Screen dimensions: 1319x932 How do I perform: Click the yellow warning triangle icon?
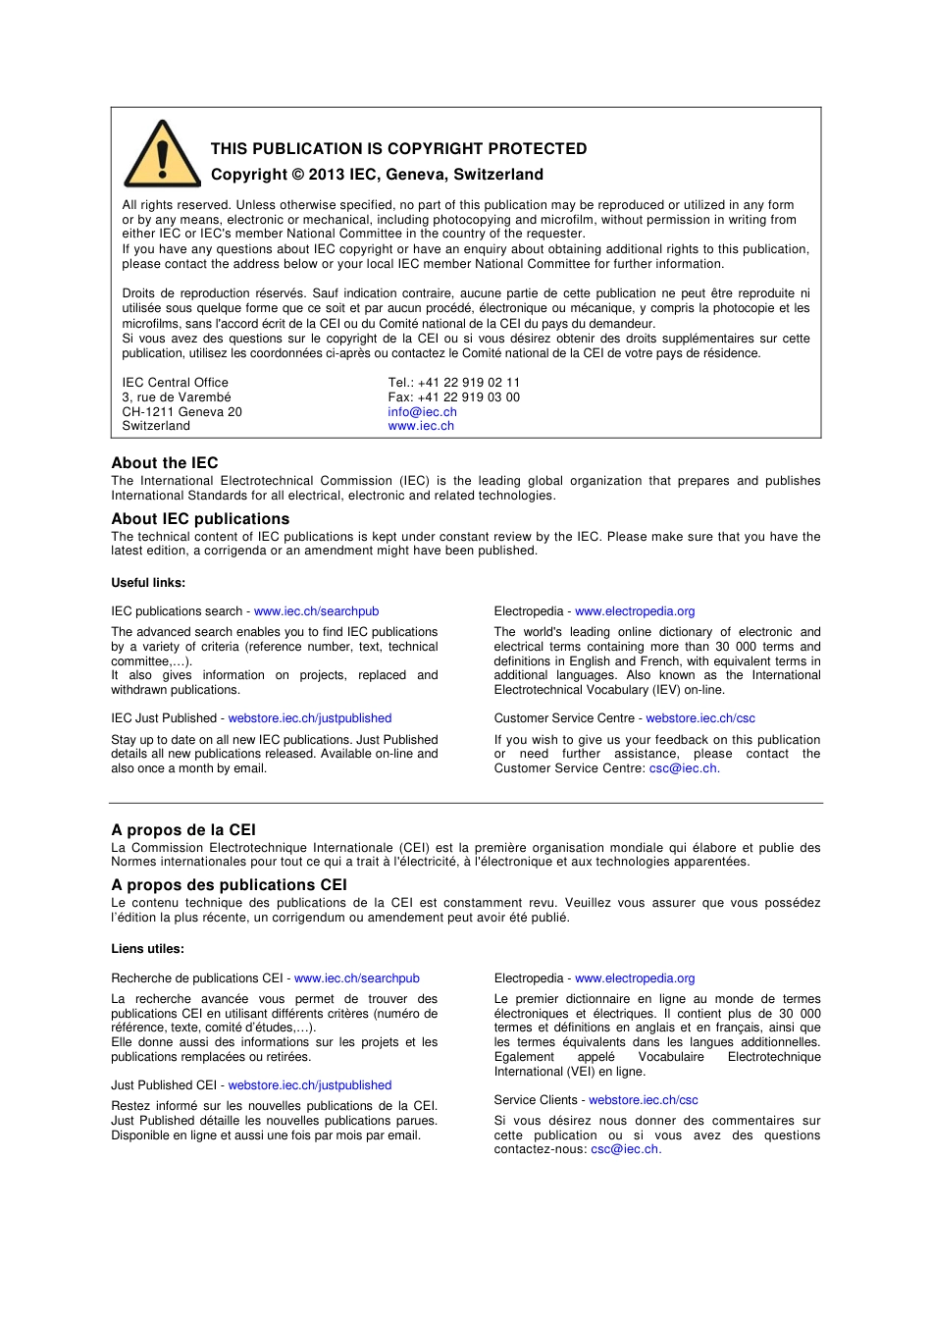(x=163, y=156)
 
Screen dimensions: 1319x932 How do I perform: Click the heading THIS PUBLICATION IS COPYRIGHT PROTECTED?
(x=398, y=149)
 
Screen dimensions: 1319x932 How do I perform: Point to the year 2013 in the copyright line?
(x=326, y=175)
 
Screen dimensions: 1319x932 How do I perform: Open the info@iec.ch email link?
(x=422, y=412)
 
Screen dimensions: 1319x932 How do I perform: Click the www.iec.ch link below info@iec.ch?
(x=421, y=426)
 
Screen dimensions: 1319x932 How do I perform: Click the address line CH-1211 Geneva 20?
(x=181, y=412)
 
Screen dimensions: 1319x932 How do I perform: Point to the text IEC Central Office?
(x=175, y=383)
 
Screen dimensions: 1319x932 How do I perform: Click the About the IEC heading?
(x=165, y=463)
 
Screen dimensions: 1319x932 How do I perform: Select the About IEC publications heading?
(x=200, y=519)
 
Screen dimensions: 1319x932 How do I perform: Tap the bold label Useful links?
(x=148, y=583)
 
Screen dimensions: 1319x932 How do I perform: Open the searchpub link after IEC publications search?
(x=316, y=611)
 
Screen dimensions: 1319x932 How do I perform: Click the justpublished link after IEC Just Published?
(x=310, y=718)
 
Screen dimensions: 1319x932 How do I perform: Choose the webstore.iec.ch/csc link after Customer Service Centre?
(x=700, y=718)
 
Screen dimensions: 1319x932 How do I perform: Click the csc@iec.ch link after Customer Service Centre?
(x=684, y=768)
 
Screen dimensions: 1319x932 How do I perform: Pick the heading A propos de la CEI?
(x=183, y=830)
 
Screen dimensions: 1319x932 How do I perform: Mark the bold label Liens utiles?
(x=147, y=949)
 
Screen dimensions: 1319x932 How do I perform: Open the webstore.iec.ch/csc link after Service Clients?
(x=644, y=1100)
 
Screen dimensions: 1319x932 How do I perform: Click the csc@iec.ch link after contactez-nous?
(x=625, y=1149)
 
